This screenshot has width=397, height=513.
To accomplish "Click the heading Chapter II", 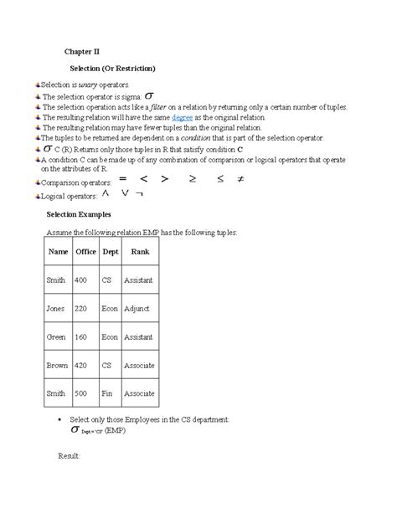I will [x=82, y=51].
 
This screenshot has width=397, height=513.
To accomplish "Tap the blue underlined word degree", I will [x=182, y=118].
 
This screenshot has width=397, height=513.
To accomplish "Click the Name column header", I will [x=58, y=251].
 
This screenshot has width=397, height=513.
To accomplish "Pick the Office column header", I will [x=85, y=251].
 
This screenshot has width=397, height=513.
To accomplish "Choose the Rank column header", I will [x=139, y=251].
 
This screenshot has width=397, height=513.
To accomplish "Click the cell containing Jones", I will [x=55, y=308].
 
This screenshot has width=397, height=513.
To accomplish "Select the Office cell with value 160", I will [x=81, y=336].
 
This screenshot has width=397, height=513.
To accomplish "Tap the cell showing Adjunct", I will [x=136, y=308].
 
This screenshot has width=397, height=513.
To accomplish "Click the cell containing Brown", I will [x=56, y=365].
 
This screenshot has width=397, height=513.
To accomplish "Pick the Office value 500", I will [x=81, y=393].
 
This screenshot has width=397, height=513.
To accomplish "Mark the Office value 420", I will [x=81, y=365].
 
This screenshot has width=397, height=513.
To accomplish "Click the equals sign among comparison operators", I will [x=122, y=178].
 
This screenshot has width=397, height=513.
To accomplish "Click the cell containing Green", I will [x=55, y=336].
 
